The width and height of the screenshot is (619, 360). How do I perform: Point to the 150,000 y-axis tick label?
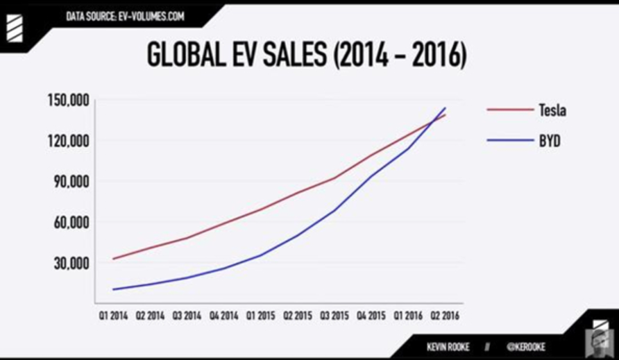69,100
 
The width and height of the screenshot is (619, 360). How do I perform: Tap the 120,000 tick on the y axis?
69,141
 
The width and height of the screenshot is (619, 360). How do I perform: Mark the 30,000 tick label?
71,263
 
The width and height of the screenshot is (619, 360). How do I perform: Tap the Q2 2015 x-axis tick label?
298,316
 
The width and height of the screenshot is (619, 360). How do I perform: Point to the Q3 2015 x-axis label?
335,316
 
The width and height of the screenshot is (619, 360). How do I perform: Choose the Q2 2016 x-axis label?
446,316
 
